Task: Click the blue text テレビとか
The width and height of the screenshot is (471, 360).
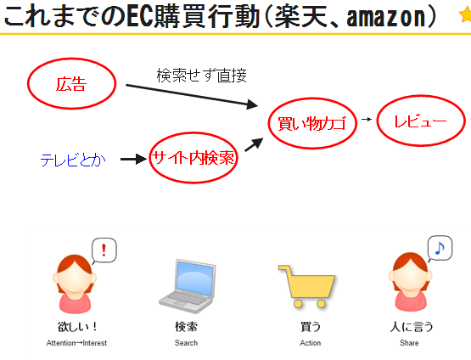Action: (x=73, y=160)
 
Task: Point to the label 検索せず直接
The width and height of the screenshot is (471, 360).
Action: (x=202, y=76)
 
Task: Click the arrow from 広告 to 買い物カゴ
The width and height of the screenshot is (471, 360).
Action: (x=192, y=96)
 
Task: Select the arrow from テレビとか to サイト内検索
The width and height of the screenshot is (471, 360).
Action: (x=134, y=159)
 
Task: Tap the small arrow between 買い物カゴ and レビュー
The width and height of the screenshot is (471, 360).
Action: (x=367, y=120)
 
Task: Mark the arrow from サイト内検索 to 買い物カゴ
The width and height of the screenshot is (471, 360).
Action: (x=254, y=144)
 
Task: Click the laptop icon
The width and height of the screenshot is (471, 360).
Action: (x=188, y=286)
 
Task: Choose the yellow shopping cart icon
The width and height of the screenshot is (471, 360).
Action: (x=306, y=286)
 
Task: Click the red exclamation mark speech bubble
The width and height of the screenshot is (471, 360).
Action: (x=104, y=250)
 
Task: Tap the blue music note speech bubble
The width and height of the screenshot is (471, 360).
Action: (x=440, y=248)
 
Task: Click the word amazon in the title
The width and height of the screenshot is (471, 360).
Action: (x=386, y=17)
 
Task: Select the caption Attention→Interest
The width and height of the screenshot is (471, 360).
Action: (x=76, y=343)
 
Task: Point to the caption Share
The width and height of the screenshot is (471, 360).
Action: (x=409, y=343)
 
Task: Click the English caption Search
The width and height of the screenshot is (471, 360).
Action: (x=186, y=343)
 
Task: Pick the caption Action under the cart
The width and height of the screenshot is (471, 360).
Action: (x=311, y=343)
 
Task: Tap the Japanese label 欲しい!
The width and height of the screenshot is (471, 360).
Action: (x=77, y=326)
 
